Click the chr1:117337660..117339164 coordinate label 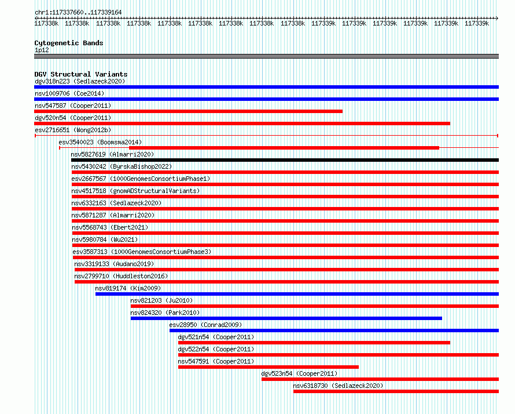tap(78, 12)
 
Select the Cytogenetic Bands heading tap(69, 43)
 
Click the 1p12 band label tap(42, 50)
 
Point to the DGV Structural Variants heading tap(81, 74)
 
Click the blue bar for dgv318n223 tap(266, 87)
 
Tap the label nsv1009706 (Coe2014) tap(69, 93)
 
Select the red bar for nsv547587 tap(188, 111)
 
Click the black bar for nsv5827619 tap(285, 160)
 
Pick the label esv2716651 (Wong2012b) tap(73, 130)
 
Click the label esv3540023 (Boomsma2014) tap(100, 142)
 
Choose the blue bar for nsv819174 tap(297, 294)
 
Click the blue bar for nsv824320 tap(286, 318)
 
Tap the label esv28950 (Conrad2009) tap(205, 325)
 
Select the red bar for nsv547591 tap(268, 367)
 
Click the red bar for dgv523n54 tap(380, 379)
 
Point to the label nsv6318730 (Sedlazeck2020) tap(338, 386)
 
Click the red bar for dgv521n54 tap(314, 343)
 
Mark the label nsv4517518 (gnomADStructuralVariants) tap(135, 191)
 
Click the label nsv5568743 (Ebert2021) tap(110, 227)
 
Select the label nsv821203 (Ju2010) tap(161, 300)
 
